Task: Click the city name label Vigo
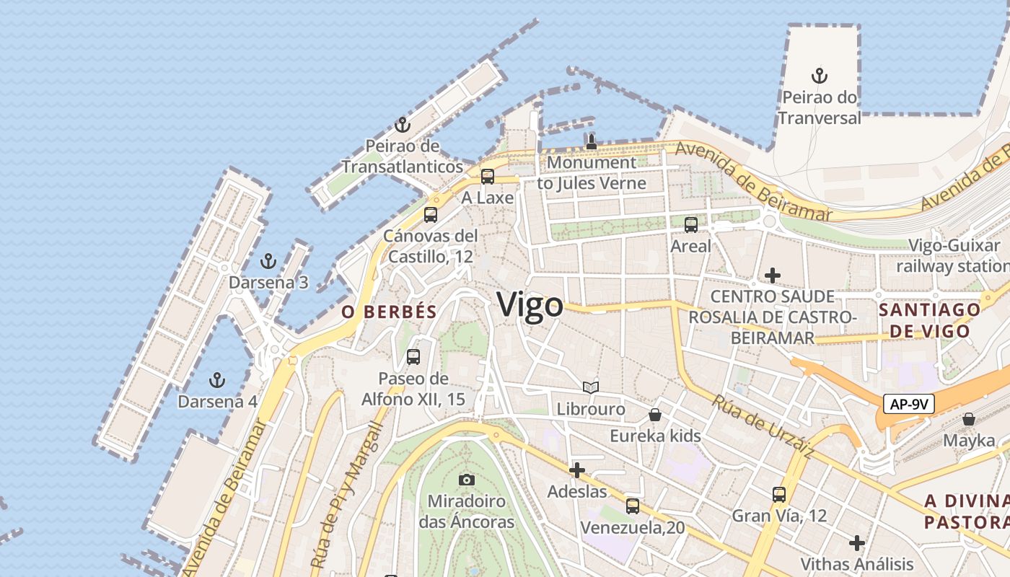click(x=530, y=304)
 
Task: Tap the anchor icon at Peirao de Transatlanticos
click(x=403, y=125)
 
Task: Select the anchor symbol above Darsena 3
click(x=268, y=261)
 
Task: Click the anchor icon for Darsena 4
click(x=216, y=380)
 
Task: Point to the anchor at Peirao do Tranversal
click(x=819, y=76)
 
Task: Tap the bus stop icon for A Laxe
click(x=488, y=176)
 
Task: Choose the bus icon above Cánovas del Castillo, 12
click(x=431, y=214)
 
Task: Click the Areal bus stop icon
click(x=691, y=224)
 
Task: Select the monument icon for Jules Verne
click(x=592, y=141)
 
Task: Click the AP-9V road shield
click(x=908, y=404)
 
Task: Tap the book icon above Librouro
click(x=591, y=388)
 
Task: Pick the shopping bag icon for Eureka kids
click(x=655, y=415)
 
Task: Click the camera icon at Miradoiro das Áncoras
click(x=467, y=480)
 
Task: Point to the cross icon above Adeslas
click(x=577, y=470)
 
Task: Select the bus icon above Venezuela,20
click(x=633, y=506)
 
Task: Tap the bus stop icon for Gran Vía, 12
click(x=779, y=495)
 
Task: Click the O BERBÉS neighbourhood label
click(x=390, y=312)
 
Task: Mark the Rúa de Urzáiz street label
click(x=763, y=426)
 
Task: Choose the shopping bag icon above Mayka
click(x=969, y=419)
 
